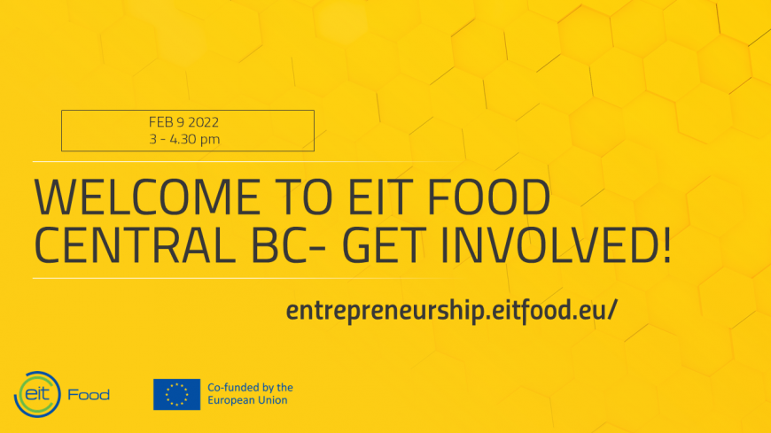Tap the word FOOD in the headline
pyautogui.click(x=488, y=197)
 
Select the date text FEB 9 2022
pyautogui.click(x=183, y=122)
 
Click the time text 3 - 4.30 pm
pyautogui.click(x=184, y=139)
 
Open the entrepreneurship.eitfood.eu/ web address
pyautogui.click(x=451, y=311)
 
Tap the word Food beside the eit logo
pyautogui.click(x=89, y=395)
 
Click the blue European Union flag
pyautogui.click(x=176, y=394)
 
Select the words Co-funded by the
pyautogui.click(x=250, y=387)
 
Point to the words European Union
pyautogui.click(x=247, y=400)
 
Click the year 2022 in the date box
pyautogui.click(x=204, y=122)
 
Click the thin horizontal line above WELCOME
pyautogui.click(x=245, y=161)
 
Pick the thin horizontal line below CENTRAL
pyautogui.click(x=245, y=278)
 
